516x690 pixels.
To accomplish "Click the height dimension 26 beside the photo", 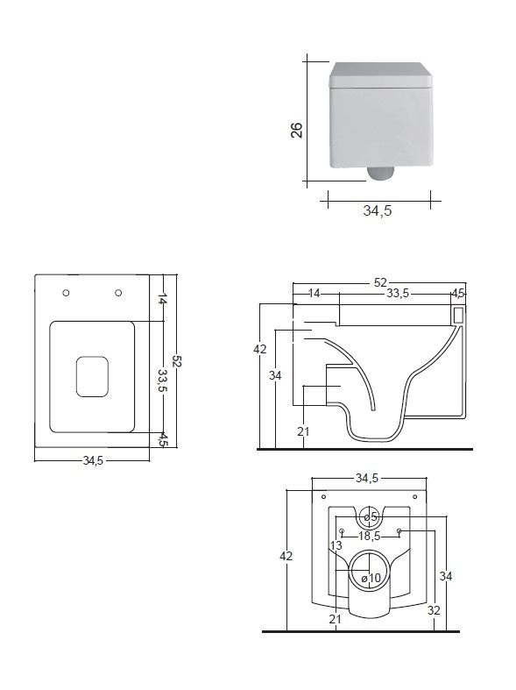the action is click(297, 131).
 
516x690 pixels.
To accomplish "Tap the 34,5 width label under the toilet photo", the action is click(377, 210).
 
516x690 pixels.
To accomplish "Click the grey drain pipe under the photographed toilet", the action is click(379, 174).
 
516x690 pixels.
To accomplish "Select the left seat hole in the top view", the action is click(66, 293).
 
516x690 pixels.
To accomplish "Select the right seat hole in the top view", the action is click(118, 293).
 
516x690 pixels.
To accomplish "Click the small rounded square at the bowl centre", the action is click(92, 377).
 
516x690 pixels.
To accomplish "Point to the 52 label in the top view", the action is click(177, 362).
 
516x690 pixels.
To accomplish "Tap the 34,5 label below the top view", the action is click(93, 460).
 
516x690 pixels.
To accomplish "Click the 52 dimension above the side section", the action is click(380, 282).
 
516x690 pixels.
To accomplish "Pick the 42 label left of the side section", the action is click(260, 349).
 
